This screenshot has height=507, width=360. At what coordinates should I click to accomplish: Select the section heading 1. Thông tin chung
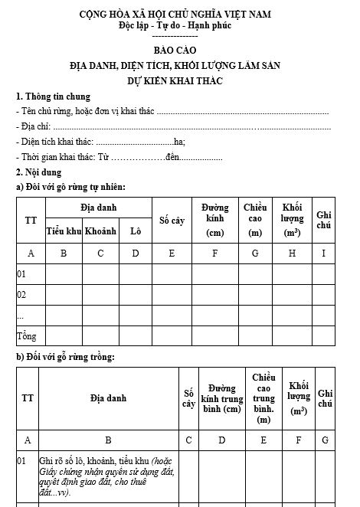(53, 96)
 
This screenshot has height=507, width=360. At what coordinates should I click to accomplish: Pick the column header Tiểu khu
(64, 231)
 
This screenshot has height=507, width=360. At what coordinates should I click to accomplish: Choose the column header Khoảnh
(100, 231)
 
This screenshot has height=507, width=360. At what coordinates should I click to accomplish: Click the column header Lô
(136, 231)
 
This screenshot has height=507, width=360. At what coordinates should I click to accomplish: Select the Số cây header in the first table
(172, 221)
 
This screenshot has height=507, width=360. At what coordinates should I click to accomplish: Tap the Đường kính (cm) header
(215, 220)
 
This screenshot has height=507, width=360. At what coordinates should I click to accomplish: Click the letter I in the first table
(323, 253)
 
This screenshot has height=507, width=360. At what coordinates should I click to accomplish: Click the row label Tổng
(26, 335)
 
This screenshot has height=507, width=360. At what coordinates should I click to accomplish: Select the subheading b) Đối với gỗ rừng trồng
(65, 357)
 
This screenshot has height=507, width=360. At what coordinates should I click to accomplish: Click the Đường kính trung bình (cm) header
(221, 397)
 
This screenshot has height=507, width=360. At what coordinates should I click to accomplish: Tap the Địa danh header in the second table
(108, 398)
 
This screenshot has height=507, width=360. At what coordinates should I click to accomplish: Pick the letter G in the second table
(325, 440)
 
